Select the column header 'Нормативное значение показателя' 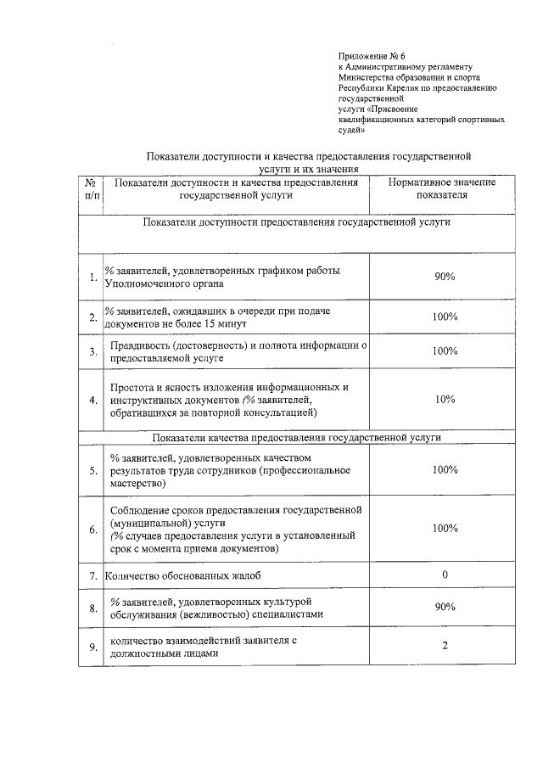click(x=441, y=188)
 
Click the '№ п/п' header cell click(x=92, y=188)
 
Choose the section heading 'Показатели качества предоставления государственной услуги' click(x=296, y=438)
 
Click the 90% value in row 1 click(x=445, y=277)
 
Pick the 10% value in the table click(x=445, y=399)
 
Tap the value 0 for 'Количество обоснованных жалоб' click(x=445, y=575)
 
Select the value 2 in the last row click(x=445, y=647)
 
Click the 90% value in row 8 click(x=445, y=608)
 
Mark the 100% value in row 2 click(x=445, y=317)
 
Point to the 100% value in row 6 click(x=445, y=528)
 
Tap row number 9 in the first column click(x=92, y=649)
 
